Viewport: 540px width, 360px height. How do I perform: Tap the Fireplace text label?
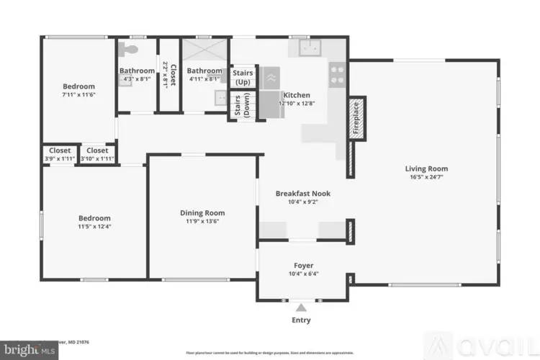pos(355,118)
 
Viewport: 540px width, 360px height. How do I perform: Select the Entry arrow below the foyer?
pos(301,307)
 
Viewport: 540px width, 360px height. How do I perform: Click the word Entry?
pos(301,320)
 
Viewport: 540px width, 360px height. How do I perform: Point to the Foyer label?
pos(302,265)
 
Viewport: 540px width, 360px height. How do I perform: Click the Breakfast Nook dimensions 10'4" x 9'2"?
pos(302,202)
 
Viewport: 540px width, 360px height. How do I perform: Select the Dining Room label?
pos(202,212)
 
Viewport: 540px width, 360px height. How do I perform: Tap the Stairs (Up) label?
pos(242,77)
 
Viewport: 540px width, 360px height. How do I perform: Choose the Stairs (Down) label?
pos(242,106)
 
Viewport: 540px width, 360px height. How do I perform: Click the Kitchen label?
pos(296,95)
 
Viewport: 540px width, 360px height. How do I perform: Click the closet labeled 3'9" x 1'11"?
pos(60,155)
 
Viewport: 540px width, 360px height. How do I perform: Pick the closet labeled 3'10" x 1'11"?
pos(97,155)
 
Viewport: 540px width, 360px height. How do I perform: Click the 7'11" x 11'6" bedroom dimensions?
pos(78,94)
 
